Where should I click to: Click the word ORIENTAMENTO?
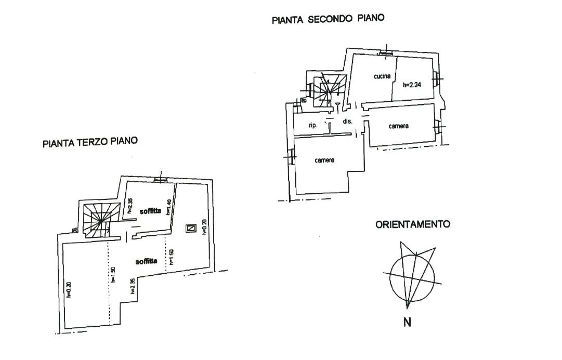(x=412, y=225)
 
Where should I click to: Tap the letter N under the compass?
(x=407, y=323)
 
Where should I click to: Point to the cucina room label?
(x=382, y=76)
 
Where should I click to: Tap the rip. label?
(x=313, y=125)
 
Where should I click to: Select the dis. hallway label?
(x=347, y=122)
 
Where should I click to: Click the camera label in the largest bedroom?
(x=324, y=160)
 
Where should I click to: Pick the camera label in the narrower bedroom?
(x=399, y=126)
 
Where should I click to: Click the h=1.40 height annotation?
(x=168, y=208)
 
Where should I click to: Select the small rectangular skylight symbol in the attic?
(x=191, y=228)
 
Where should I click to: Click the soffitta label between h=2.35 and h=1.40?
(x=150, y=211)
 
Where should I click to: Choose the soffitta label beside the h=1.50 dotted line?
(x=146, y=261)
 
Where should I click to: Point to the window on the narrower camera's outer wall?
(x=438, y=126)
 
